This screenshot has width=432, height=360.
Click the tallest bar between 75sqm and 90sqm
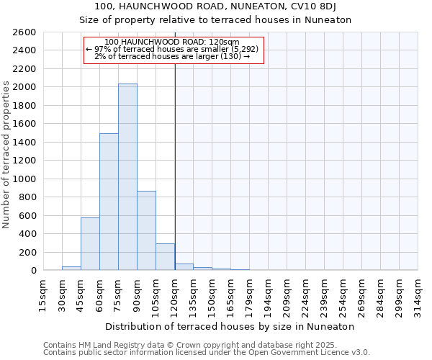click(x=127, y=177)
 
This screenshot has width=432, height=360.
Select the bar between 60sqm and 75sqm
click(x=109, y=202)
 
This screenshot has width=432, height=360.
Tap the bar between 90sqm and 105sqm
click(x=146, y=230)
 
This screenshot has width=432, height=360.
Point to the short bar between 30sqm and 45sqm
click(x=71, y=268)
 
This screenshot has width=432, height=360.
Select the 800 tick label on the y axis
click(x=28, y=197)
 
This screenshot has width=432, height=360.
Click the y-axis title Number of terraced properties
click(x=6, y=155)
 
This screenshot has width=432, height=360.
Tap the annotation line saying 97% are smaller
click(x=174, y=49)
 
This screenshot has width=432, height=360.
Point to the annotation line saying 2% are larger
click(x=172, y=56)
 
